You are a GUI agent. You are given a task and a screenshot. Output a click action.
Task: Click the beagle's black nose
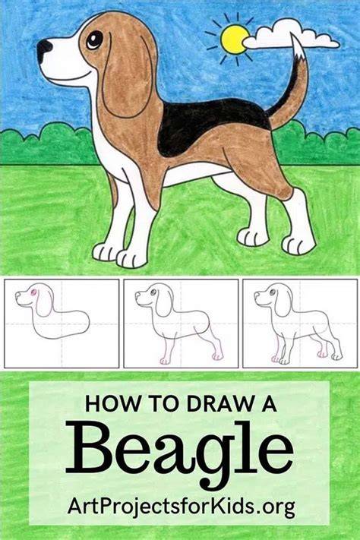[44, 49]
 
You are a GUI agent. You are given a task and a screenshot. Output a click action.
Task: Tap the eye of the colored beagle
[94, 40]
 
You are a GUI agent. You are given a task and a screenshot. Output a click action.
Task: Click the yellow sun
[235, 39]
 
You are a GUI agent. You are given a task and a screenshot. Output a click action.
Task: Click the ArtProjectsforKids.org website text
[182, 507]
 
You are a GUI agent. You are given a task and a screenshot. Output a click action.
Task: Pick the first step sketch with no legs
[62, 324]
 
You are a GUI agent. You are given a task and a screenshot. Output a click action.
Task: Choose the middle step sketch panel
[181, 324]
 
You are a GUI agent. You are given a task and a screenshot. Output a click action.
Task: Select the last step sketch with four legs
[300, 324]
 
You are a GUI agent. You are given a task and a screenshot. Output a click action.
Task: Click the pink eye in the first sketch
[33, 292]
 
